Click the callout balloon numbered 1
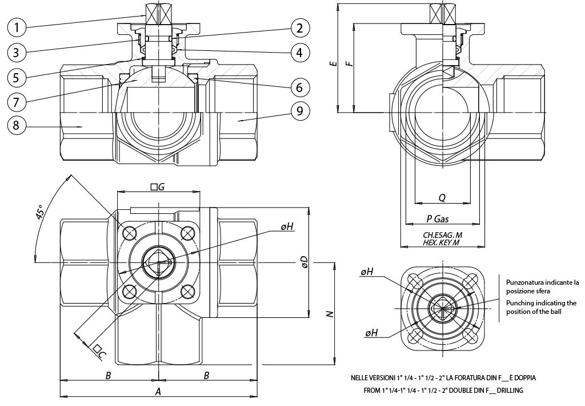[18, 26]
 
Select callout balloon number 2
[299, 27]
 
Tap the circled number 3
[18, 52]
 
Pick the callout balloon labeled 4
[299, 53]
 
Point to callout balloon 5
[18, 77]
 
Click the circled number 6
[299, 87]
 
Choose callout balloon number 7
[18, 102]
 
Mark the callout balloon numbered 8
[18, 126]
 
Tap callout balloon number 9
[299, 111]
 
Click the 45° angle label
[40, 213]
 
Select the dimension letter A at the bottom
[158, 391]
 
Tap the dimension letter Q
[442, 197]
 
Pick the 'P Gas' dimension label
[439, 219]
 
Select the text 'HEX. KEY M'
[441, 242]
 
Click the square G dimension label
[157, 186]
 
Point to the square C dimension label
[99, 351]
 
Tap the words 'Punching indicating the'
[541, 302]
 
